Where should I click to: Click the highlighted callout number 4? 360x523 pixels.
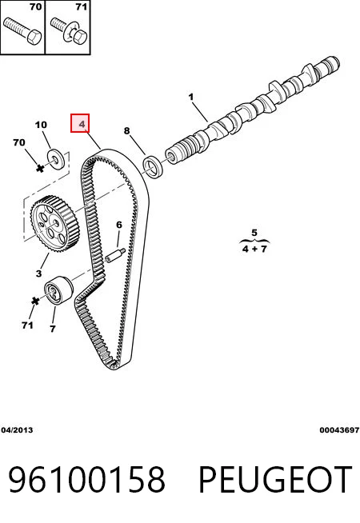point(82,125)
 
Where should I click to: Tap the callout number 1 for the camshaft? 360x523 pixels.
point(191,97)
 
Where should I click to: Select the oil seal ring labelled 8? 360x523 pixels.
point(154,166)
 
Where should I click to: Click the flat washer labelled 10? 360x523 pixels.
point(56,158)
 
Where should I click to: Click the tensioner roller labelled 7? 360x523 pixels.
point(58,289)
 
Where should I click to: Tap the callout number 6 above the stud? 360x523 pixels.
point(119,225)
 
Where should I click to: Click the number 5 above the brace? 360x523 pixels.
point(254,232)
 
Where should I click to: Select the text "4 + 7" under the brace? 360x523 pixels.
point(254,249)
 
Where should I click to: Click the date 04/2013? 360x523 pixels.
point(17,430)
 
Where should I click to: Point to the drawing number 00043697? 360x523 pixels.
point(339,430)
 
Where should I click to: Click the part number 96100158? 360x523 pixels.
point(86,480)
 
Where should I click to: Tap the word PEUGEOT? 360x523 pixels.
point(275,480)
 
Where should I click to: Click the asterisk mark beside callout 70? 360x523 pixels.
point(40,168)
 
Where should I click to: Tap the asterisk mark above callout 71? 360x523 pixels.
point(35,301)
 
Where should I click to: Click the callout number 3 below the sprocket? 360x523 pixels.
point(38,273)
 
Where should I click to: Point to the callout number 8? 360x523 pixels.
point(126,130)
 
